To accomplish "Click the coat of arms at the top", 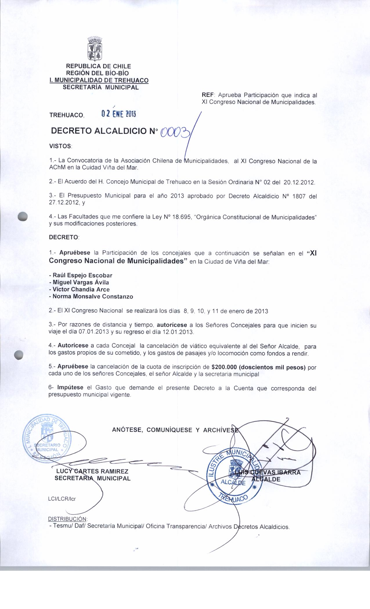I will tap(95, 49).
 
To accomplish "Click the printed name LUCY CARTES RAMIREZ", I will tap(92, 472).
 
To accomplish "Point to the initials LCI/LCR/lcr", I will tap(62, 499).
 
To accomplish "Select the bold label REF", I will tap(208, 95).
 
